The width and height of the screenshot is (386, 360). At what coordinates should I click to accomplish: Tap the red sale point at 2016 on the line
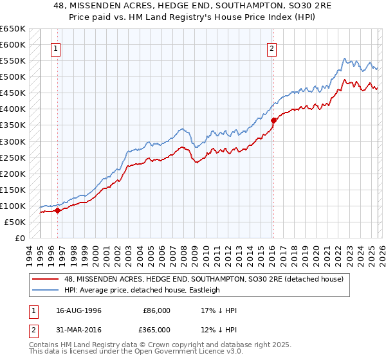[273, 120]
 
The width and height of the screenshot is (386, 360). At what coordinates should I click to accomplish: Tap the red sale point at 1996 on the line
[57, 210]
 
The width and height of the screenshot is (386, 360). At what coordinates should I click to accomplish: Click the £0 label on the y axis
[19, 238]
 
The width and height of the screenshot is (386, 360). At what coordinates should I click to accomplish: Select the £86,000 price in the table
[156, 310]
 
